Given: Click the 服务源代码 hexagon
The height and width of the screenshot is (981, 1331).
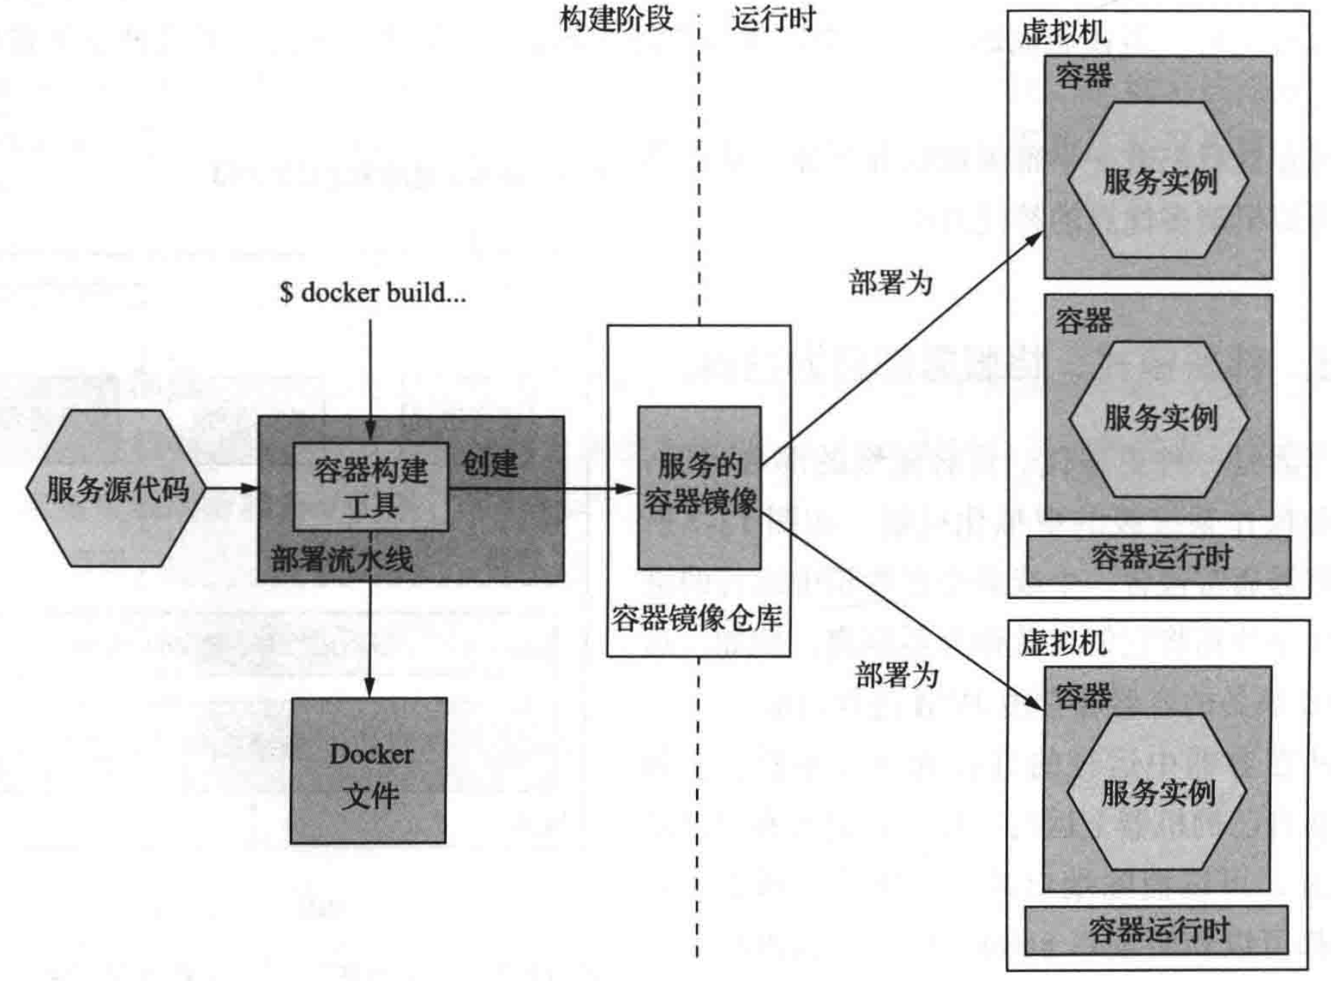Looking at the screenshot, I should [116, 489].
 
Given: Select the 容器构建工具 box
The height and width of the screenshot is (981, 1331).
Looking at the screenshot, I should [370, 487].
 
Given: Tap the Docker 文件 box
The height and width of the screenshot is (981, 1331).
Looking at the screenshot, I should [368, 770].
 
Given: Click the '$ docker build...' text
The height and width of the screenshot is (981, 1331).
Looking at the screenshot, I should [372, 293].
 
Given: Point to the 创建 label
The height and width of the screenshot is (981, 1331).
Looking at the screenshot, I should [490, 463].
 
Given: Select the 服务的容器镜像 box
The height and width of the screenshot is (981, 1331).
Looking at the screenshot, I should [699, 487].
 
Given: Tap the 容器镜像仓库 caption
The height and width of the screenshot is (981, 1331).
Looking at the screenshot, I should [696, 619].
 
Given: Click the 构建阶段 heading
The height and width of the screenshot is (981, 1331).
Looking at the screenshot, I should [616, 19].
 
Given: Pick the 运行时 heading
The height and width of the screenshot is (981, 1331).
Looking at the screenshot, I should [773, 19].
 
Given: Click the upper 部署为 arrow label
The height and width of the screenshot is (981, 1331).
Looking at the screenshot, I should [891, 283].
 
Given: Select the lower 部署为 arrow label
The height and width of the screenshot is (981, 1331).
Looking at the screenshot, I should [896, 675].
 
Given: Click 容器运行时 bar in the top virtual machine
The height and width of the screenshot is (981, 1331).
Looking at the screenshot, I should [1159, 559].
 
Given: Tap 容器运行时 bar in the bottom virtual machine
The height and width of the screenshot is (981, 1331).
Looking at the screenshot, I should [1157, 930].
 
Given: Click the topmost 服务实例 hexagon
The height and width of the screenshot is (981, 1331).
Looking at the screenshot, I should [1159, 181].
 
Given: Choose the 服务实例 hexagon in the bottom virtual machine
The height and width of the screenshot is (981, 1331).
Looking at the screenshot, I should [1157, 792].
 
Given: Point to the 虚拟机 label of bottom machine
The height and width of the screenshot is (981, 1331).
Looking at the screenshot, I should [1063, 643].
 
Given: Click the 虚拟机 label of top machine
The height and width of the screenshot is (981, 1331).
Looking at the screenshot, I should [1063, 32].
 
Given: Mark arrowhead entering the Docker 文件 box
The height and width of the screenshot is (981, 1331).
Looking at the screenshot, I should [369, 687].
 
